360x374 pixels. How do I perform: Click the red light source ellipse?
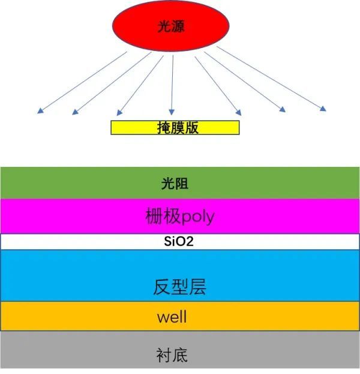[171, 26]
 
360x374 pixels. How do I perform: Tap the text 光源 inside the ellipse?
[171, 26]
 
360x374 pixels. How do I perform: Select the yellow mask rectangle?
[175, 128]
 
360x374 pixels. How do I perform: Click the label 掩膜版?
[178, 128]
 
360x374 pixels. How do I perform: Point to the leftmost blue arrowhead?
[41, 110]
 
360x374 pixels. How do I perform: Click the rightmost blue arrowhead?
[323, 109]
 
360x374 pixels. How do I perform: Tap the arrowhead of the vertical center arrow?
[172, 112]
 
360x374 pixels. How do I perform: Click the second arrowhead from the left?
[76, 112]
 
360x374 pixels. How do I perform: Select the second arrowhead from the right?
[282, 109]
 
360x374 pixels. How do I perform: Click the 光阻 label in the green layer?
[175, 184]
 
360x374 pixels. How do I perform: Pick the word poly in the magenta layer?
[197, 217]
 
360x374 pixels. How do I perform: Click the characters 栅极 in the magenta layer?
[163, 216]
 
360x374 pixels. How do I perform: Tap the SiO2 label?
[179, 241]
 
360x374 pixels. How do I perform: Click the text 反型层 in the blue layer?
[179, 287]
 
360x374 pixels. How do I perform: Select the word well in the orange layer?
[172, 316]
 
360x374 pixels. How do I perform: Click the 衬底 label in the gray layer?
[172, 355]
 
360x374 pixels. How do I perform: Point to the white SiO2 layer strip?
[180, 241]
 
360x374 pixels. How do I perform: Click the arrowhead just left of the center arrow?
[119, 113]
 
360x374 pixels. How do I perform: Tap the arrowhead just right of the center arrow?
[238, 113]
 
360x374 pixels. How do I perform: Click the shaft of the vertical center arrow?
[172, 82]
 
